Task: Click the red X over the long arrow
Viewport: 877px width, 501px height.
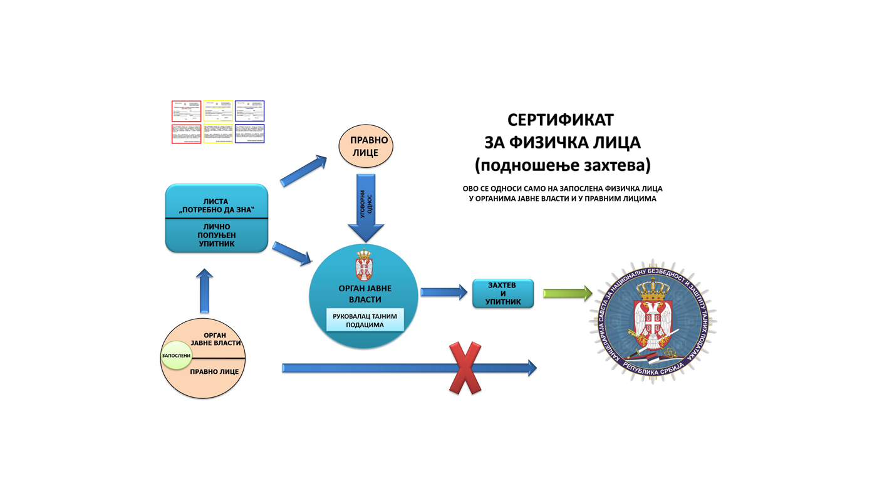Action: coord(465,368)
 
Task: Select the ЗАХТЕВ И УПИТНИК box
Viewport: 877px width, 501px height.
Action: coord(502,293)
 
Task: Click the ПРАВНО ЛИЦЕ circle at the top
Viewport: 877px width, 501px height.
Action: coord(366,146)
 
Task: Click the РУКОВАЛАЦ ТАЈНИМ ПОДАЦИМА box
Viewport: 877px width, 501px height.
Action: coord(365,320)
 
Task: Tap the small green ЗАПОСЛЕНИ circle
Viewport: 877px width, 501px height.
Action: coord(176,356)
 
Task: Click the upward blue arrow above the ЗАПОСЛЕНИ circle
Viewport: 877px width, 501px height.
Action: coord(204,291)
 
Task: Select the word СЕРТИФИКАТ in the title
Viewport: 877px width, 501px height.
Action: coord(560,120)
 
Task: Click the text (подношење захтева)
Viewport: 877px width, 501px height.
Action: coord(562,165)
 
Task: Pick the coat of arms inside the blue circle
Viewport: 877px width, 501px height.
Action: coord(363,264)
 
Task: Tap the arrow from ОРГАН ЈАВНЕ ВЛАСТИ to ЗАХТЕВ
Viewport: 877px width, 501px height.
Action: coord(443,292)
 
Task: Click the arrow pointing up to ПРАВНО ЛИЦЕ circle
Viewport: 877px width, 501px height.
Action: coord(303,170)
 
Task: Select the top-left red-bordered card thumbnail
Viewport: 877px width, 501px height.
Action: coord(186,111)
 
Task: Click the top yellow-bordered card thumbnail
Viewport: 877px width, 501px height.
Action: coord(217,111)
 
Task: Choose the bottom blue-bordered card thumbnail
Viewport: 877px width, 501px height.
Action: coord(249,133)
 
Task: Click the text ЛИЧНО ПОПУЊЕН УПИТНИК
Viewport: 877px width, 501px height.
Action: coord(216,235)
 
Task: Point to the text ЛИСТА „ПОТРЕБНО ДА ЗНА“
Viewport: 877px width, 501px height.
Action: coord(216,205)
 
